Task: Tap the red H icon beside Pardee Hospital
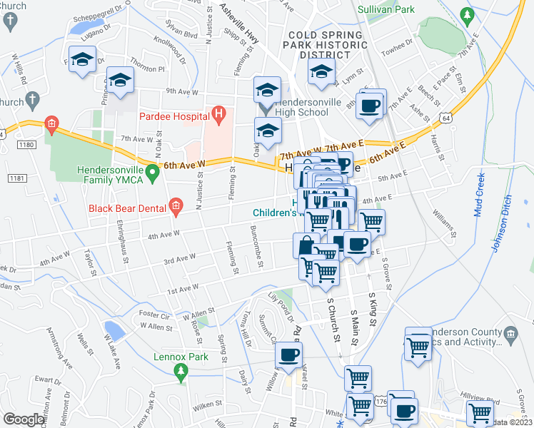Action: [218, 114]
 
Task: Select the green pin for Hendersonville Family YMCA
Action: [151, 172]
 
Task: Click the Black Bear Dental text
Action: [126, 208]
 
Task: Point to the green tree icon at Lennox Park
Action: [181, 370]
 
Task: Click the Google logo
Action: [23, 419]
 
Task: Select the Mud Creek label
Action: [478, 195]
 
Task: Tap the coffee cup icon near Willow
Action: [288, 355]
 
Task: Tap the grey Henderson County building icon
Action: [510, 333]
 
